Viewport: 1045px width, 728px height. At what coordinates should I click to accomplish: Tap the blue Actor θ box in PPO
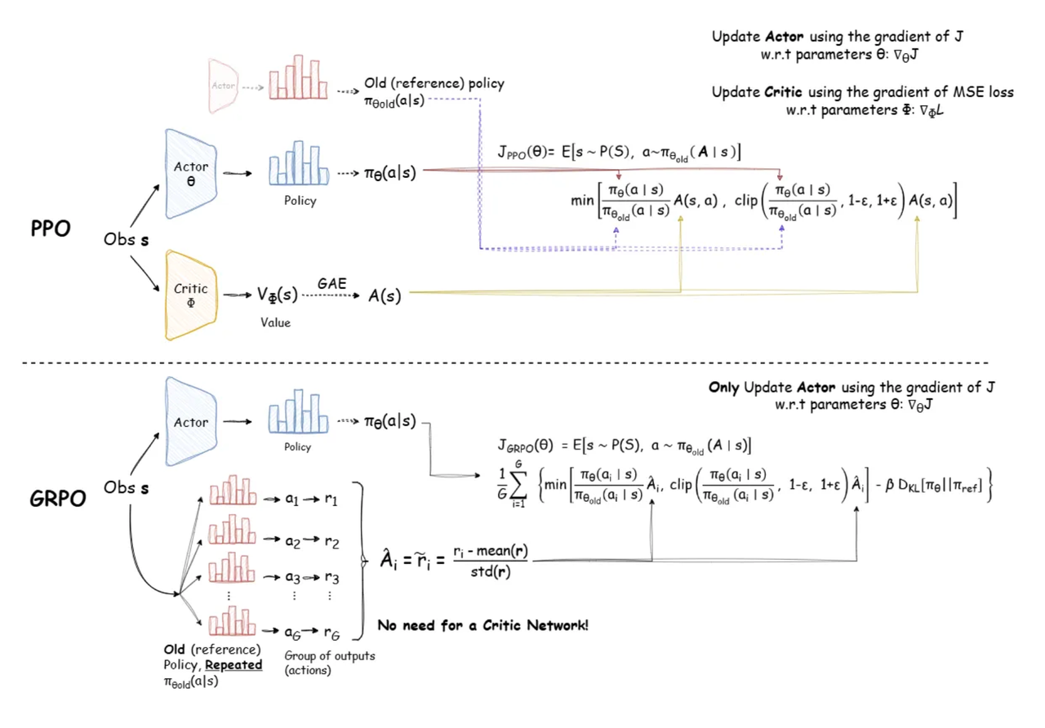tap(191, 174)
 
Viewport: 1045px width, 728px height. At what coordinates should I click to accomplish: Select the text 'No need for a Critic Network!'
tap(482, 626)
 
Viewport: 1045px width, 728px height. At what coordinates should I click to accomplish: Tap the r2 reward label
tap(331, 542)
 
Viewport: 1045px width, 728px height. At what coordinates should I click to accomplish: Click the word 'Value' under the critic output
tap(276, 322)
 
